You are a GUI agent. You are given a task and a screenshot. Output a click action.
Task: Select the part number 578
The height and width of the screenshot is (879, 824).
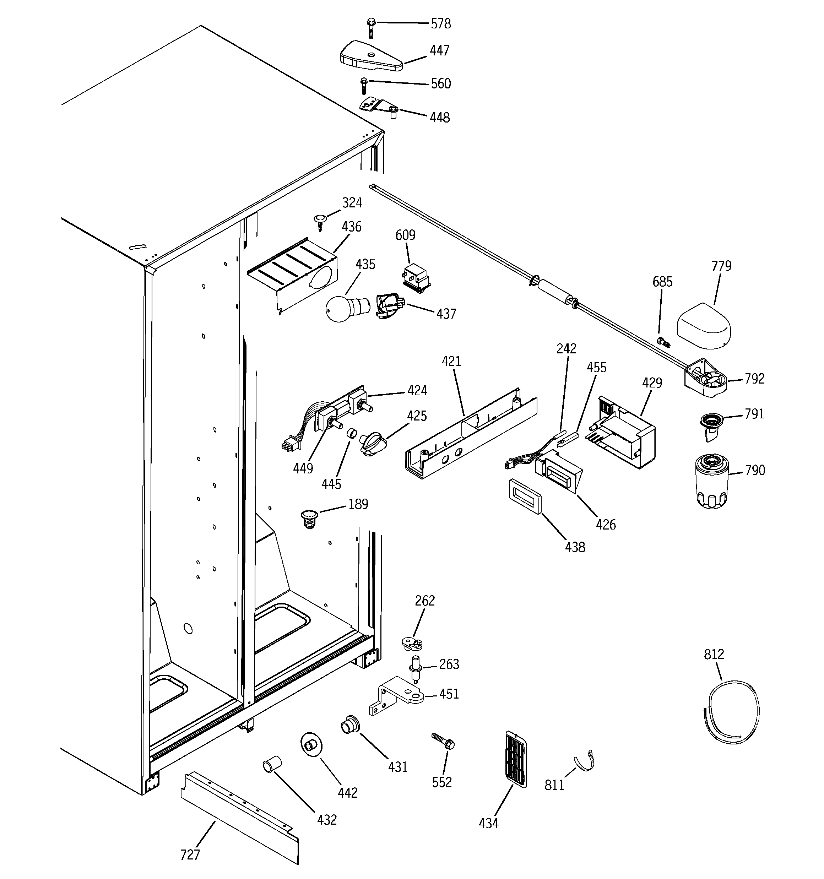click(441, 23)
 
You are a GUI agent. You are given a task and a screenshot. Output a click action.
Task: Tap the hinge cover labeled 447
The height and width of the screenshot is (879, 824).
click(371, 56)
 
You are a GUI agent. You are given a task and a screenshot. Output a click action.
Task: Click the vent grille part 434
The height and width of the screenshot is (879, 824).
click(515, 759)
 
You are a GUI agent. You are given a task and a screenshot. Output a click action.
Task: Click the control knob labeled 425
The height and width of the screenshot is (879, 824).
click(373, 444)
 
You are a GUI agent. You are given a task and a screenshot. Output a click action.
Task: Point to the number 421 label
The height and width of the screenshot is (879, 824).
click(451, 361)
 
